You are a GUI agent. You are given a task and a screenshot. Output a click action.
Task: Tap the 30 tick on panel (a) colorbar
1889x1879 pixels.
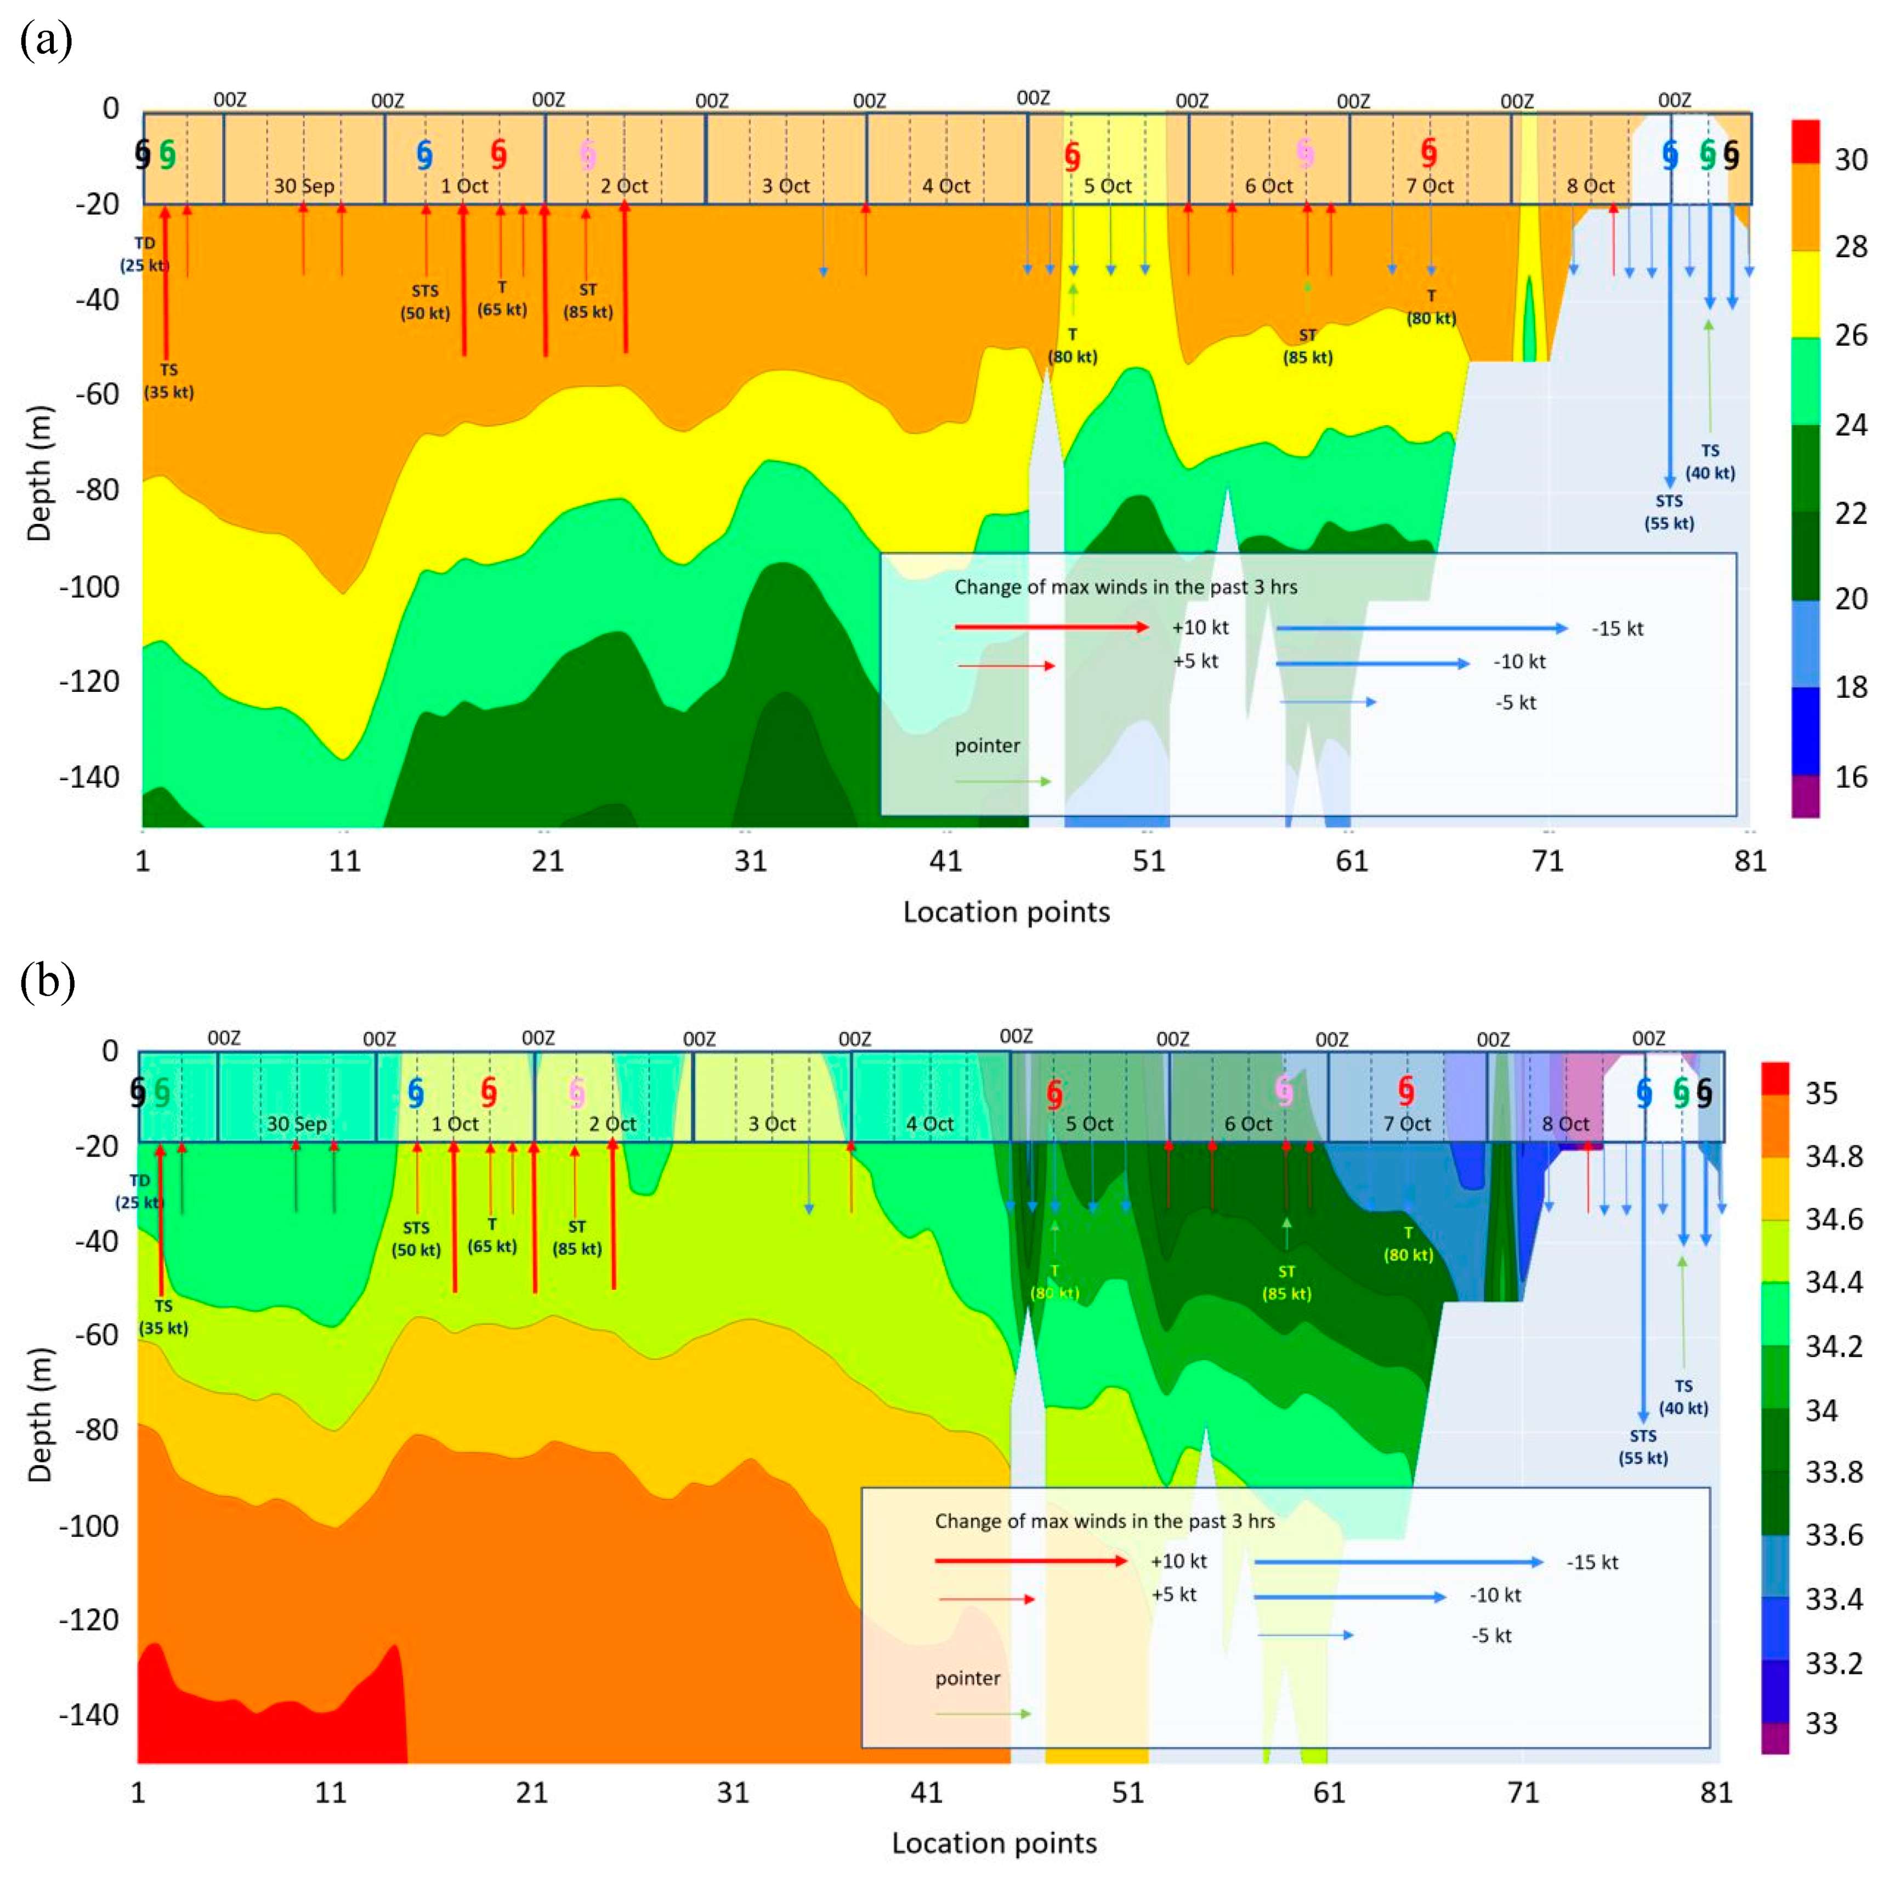point(1850,160)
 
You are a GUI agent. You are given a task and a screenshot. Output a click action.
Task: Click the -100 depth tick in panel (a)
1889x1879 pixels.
point(90,587)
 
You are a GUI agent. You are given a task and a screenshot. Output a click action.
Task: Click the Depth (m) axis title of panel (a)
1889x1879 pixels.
point(39,472)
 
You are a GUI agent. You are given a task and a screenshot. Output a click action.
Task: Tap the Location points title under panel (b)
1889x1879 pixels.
point(994,1844)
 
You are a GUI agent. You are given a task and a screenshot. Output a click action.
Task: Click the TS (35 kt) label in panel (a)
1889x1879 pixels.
point(168,381)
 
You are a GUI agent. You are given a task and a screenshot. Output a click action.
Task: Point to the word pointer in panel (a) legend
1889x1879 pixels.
point(988,746)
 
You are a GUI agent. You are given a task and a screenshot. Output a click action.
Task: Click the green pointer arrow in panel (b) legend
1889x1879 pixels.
point(983,1714)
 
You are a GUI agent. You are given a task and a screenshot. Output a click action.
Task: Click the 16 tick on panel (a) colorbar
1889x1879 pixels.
point(1850,777)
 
